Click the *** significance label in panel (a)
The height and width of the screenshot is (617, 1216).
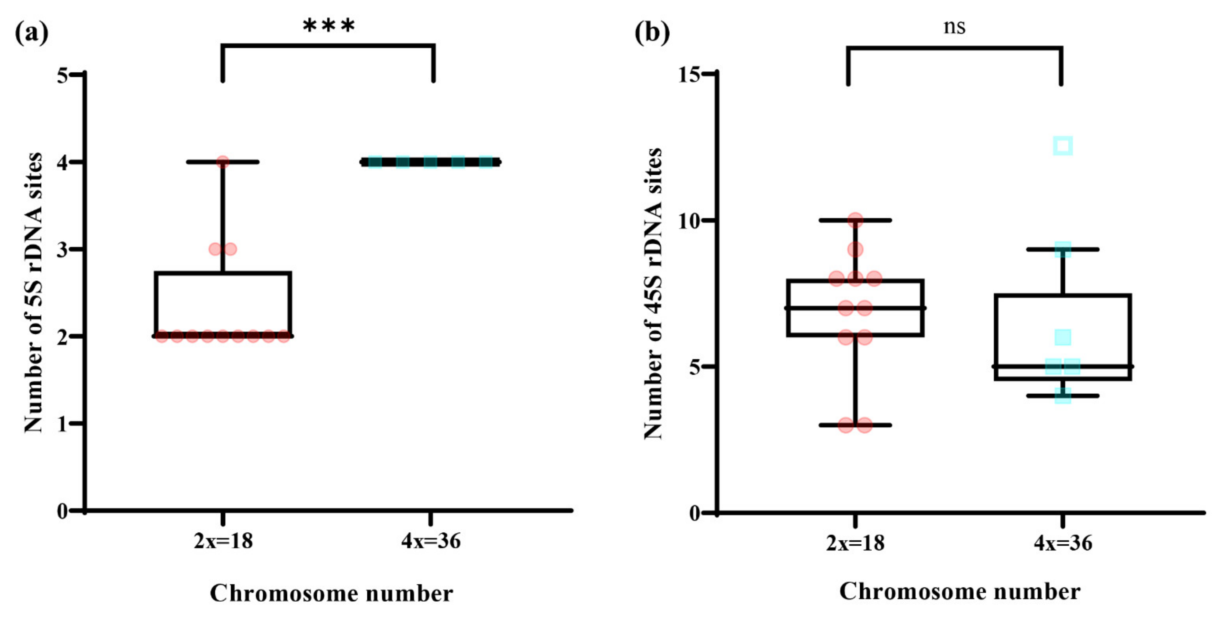click(328, 26)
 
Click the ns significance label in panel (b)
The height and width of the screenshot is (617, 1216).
click(954, 27)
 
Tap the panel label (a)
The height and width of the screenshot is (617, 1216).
click(32, 33)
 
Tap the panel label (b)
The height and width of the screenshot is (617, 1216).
click(652, 33)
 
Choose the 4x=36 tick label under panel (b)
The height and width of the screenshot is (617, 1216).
click(1063, 543)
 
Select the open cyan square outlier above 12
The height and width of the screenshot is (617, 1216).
click(1063, 146)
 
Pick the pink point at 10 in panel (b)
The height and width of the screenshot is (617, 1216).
click(855, 220)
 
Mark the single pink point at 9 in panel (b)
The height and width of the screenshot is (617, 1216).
click(855, 249)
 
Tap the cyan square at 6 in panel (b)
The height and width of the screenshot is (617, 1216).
click(1063, 337)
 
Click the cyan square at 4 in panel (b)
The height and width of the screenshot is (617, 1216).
click(1063, 395)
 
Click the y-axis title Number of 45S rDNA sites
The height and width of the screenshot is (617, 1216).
click(653, 293)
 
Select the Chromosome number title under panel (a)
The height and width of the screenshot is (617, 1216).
click(331, 593)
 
